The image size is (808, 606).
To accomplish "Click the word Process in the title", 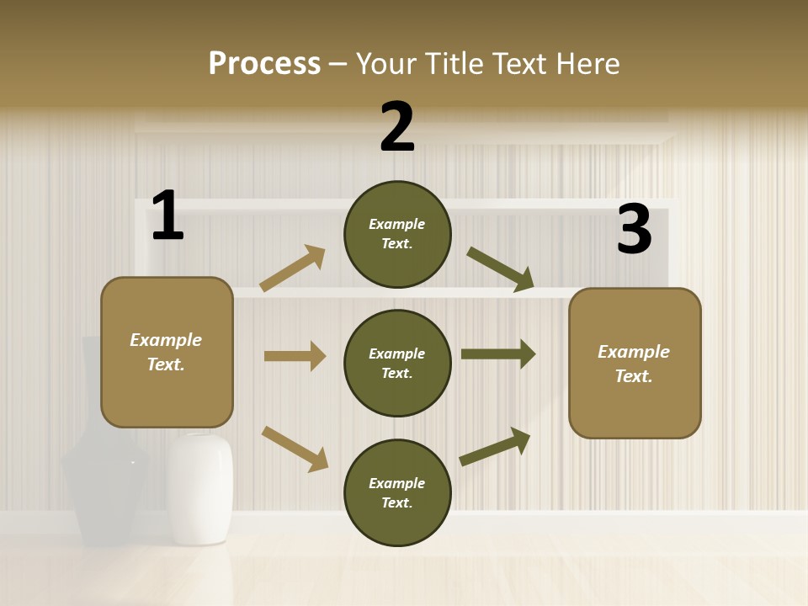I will coord(264,64).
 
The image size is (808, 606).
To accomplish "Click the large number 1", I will coord(167,216).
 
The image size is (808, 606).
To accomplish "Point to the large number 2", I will coord(397,127).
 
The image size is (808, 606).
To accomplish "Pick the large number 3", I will coord(634,230).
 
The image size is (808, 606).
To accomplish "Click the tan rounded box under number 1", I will coord(167,352).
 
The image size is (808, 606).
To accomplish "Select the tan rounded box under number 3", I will coord(635,363).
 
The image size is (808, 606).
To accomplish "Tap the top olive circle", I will coord(397,234).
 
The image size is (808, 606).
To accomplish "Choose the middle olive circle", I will coord(397,363).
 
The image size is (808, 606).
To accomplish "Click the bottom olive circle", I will coord(397,492).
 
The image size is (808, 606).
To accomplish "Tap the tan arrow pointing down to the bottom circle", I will coord(295,449).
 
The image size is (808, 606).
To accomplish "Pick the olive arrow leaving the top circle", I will coord(501,269).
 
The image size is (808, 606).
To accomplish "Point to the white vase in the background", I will coord(199,488).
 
